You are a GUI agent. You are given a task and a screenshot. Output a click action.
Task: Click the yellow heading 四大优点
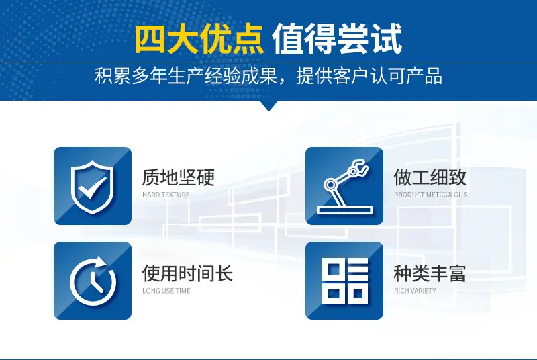pos(199,40)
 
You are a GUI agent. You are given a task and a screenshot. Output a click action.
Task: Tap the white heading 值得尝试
pos(337,40)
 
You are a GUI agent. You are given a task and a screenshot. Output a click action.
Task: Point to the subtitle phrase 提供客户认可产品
pos(369,76)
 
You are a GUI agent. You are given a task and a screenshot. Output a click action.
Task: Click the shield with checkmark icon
pos(93,187)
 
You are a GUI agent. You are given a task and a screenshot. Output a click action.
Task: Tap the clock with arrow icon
pos(93,281)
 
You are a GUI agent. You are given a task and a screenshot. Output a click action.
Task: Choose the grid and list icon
pos(345,281)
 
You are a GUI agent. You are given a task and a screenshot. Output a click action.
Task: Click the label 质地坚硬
pos(179,177)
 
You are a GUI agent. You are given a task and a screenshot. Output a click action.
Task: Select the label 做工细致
pos(430,177)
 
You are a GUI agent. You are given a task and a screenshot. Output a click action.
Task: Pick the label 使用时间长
pos(187,273)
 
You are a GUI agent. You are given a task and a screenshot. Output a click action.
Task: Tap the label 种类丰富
pos(430,273)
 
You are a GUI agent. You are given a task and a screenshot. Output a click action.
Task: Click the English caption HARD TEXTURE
pos(166,195)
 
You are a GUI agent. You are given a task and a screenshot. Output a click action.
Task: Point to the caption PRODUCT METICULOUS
pos(430,195)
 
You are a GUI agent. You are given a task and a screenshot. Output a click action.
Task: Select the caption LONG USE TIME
pos(166,291)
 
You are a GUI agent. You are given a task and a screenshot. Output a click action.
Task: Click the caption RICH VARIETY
pos(415,291)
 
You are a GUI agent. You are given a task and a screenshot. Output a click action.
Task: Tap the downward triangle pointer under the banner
pos(268,105)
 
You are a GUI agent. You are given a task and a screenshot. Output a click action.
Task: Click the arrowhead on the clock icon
pos(101,263)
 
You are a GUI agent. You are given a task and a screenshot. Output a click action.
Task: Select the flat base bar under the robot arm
pos(344,210)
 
